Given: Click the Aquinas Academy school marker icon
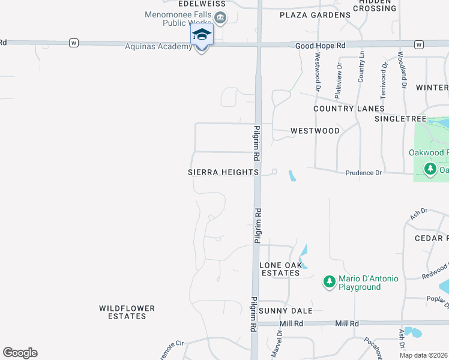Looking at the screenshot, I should (202, 34).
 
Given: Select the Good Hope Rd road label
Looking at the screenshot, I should (321, 46).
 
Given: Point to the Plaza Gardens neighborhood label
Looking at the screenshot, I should (315, 15).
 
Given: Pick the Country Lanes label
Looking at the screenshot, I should (349, 109).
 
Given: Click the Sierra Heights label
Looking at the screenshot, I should (223, 172).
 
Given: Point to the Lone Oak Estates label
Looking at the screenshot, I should (279, 269).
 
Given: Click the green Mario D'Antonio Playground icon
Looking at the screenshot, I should (329, 281).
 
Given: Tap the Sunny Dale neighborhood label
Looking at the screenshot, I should (286, 311).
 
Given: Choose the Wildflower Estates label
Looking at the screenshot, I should (127, 312).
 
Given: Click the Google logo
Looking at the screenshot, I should (20, 353).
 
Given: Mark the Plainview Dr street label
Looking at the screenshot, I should (339, 80).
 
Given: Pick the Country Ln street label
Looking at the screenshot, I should (361, 67).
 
